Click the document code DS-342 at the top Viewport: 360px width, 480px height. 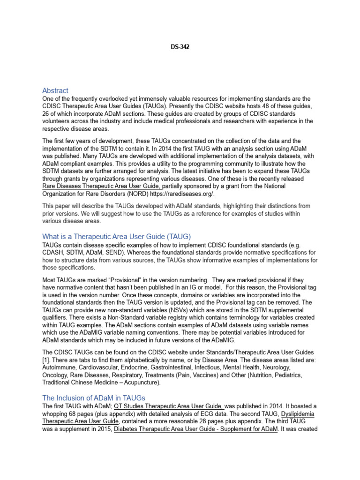pyautogui.click(x=180, y=47)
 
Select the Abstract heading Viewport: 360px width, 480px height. pyautogui.click(x=55, y=90)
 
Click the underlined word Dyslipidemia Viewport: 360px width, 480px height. pyautogui.click(x=300, y=414)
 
